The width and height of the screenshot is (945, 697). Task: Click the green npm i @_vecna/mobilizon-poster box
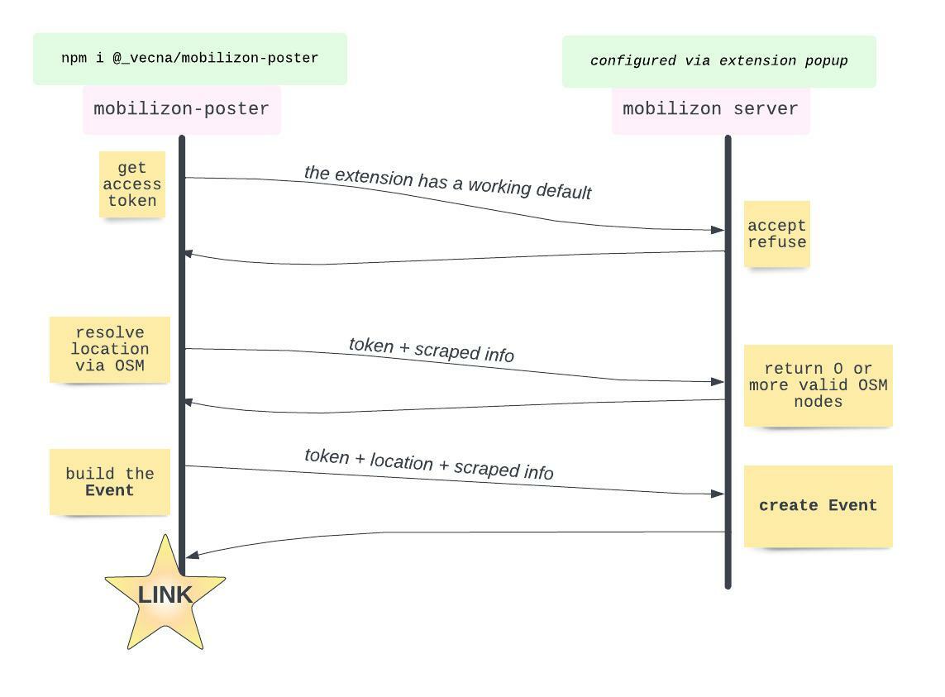(189, 59)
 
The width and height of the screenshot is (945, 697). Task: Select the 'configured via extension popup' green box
(718, 61)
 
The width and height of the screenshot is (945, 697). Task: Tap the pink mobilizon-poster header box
(181, 109)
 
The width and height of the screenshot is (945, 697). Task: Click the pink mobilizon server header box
(710, 109)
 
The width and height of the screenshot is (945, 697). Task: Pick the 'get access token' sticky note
(132, 184)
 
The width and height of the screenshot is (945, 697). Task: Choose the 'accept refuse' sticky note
(776, 234)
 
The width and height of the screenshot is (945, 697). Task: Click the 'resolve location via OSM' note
(109, 349)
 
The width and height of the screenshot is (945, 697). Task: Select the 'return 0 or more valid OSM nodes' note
(818, 385)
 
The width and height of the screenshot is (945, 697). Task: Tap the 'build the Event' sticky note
(109, 482)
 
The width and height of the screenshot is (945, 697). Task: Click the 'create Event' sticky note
(818, 506)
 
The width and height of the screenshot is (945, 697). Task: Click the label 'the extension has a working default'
(447, 183)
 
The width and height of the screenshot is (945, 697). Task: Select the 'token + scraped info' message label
(431, 350)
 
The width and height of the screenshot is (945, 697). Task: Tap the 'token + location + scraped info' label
(428, 464)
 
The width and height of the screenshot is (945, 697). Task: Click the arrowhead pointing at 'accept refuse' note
(718, 230)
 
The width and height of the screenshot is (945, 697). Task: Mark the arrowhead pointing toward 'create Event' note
(718, 494)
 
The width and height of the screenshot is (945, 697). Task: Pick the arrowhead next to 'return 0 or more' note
(718, 382)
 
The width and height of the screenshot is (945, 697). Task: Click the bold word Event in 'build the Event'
(109, 490)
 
